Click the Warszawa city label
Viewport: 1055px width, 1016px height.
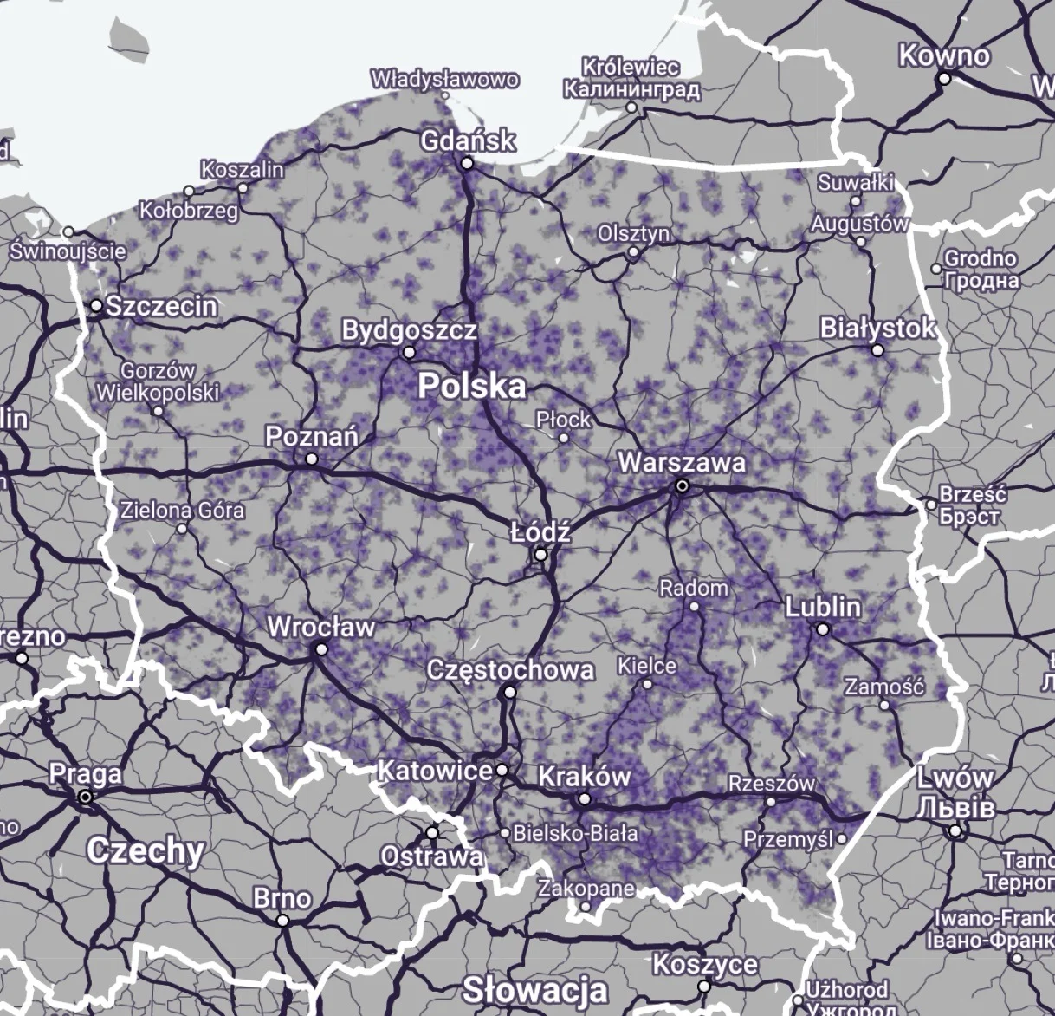point(681,462)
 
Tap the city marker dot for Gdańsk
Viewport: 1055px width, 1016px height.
point(467,163)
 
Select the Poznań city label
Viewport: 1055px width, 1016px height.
point(311,436)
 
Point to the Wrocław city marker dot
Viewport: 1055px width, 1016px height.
point(321,649)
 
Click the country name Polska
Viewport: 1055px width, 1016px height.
point(472,387)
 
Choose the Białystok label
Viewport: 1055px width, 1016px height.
point(877,329)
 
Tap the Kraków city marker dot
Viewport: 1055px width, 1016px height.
point(585,799)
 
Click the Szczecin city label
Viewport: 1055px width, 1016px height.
point(161,306)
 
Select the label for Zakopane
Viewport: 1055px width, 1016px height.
point(586,889)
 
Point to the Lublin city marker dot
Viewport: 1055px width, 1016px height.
point(823,629)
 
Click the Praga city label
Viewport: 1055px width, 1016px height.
point(85,773)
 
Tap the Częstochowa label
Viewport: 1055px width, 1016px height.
point(511,670)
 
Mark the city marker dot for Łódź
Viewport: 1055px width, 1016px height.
point(540,554)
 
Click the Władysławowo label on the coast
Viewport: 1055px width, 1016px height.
point(445,80)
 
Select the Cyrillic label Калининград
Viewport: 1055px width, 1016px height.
point(631,89)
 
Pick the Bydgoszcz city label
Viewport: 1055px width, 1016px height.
point(409,330)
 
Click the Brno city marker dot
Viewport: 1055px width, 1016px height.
point(282,921)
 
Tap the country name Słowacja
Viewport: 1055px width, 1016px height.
point(534,989)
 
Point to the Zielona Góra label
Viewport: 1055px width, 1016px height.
point(182,509)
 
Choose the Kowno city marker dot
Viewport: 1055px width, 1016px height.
point(944,79)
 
